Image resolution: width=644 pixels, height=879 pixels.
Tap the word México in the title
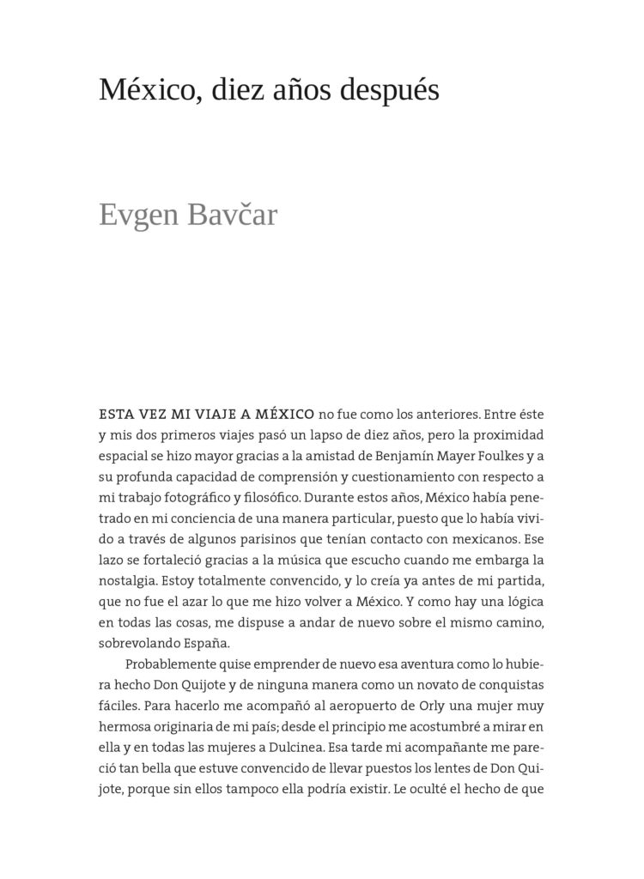click(141, 88)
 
